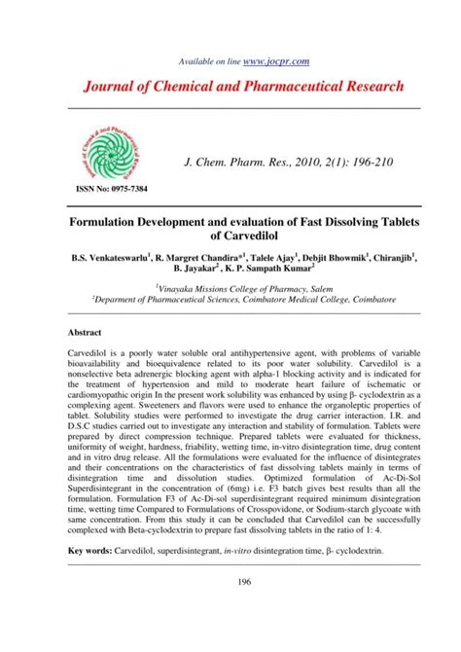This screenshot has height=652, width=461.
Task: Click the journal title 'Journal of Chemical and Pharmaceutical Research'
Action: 230,88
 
